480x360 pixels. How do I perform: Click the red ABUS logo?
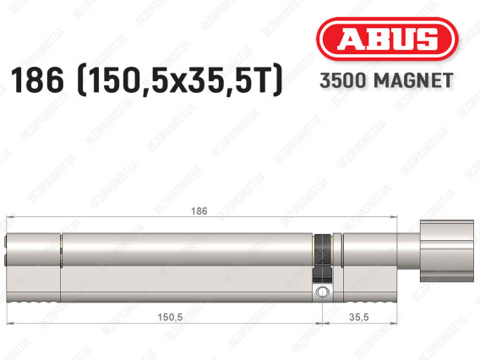387,39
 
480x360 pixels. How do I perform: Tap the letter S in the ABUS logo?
426,39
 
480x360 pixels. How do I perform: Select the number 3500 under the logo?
343,80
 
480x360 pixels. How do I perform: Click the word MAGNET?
413,80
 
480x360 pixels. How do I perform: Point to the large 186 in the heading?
37,80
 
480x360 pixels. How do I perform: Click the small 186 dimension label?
199,211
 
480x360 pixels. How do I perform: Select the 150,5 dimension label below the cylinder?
170,317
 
